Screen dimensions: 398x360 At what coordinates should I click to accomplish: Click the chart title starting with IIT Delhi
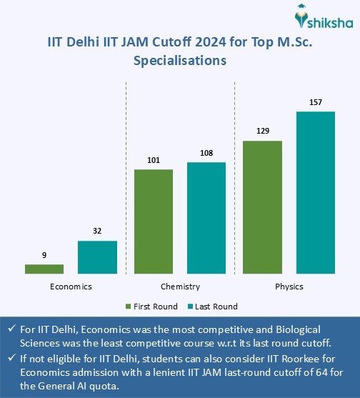(x=180, y=52)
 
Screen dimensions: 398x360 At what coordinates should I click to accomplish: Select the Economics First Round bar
(x=44, y=269)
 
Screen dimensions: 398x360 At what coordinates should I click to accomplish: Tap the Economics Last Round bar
(x=97, y=257)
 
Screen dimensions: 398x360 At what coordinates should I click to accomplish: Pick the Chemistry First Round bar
(x=154, y=222)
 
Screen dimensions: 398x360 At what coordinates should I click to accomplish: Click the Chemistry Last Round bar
(x=206, y=218)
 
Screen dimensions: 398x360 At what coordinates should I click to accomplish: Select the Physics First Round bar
(x=263, y=207)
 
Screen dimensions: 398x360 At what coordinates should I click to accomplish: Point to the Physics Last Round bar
(x=316, y=193)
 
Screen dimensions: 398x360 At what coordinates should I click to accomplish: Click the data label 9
(x=44, y=255)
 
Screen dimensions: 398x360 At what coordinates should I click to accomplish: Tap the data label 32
(x=97, y=232)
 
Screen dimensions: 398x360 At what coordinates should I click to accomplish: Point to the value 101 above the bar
(x=154, y=160)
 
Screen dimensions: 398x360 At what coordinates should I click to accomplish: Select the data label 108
(x=206, y=153)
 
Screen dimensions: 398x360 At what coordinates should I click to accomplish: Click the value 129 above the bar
(x=263, y=131)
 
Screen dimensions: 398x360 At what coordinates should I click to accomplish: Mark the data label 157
(x=316, y=102)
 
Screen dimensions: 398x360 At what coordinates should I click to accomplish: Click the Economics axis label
(x=71, y=287)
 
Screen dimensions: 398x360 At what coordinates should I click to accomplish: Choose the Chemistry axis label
(x=180, y=287)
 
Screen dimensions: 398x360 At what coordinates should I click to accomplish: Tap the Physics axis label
(x=289, y=287)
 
